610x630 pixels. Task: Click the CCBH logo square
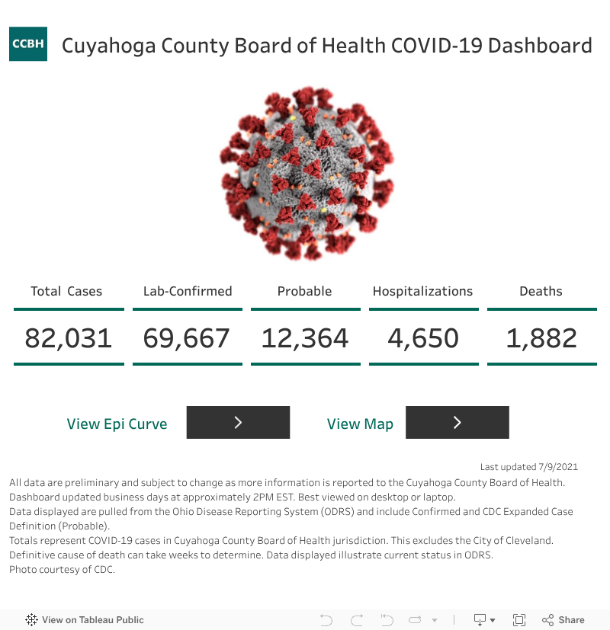[28, 44]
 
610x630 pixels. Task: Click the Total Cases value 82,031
[69, 337]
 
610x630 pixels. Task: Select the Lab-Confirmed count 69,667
[187, 337]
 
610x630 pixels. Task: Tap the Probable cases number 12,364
[305, 337]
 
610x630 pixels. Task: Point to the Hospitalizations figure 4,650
[423, 337]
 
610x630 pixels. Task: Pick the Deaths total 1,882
[541, 337]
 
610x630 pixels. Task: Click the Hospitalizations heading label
[422, 291]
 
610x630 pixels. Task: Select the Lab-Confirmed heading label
[188, 291]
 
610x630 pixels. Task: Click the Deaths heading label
[541, 291]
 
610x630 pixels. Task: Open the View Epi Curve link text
[117, 424]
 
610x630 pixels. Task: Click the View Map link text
[360, 424]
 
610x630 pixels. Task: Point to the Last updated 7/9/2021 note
[529, 467]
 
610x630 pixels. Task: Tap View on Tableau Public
[85, 620]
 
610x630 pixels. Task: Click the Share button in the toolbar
[563, 620]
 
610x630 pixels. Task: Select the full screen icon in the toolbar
[519, 620]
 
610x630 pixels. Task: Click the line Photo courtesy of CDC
[63, 569]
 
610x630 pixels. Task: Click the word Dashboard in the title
[540, 46]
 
